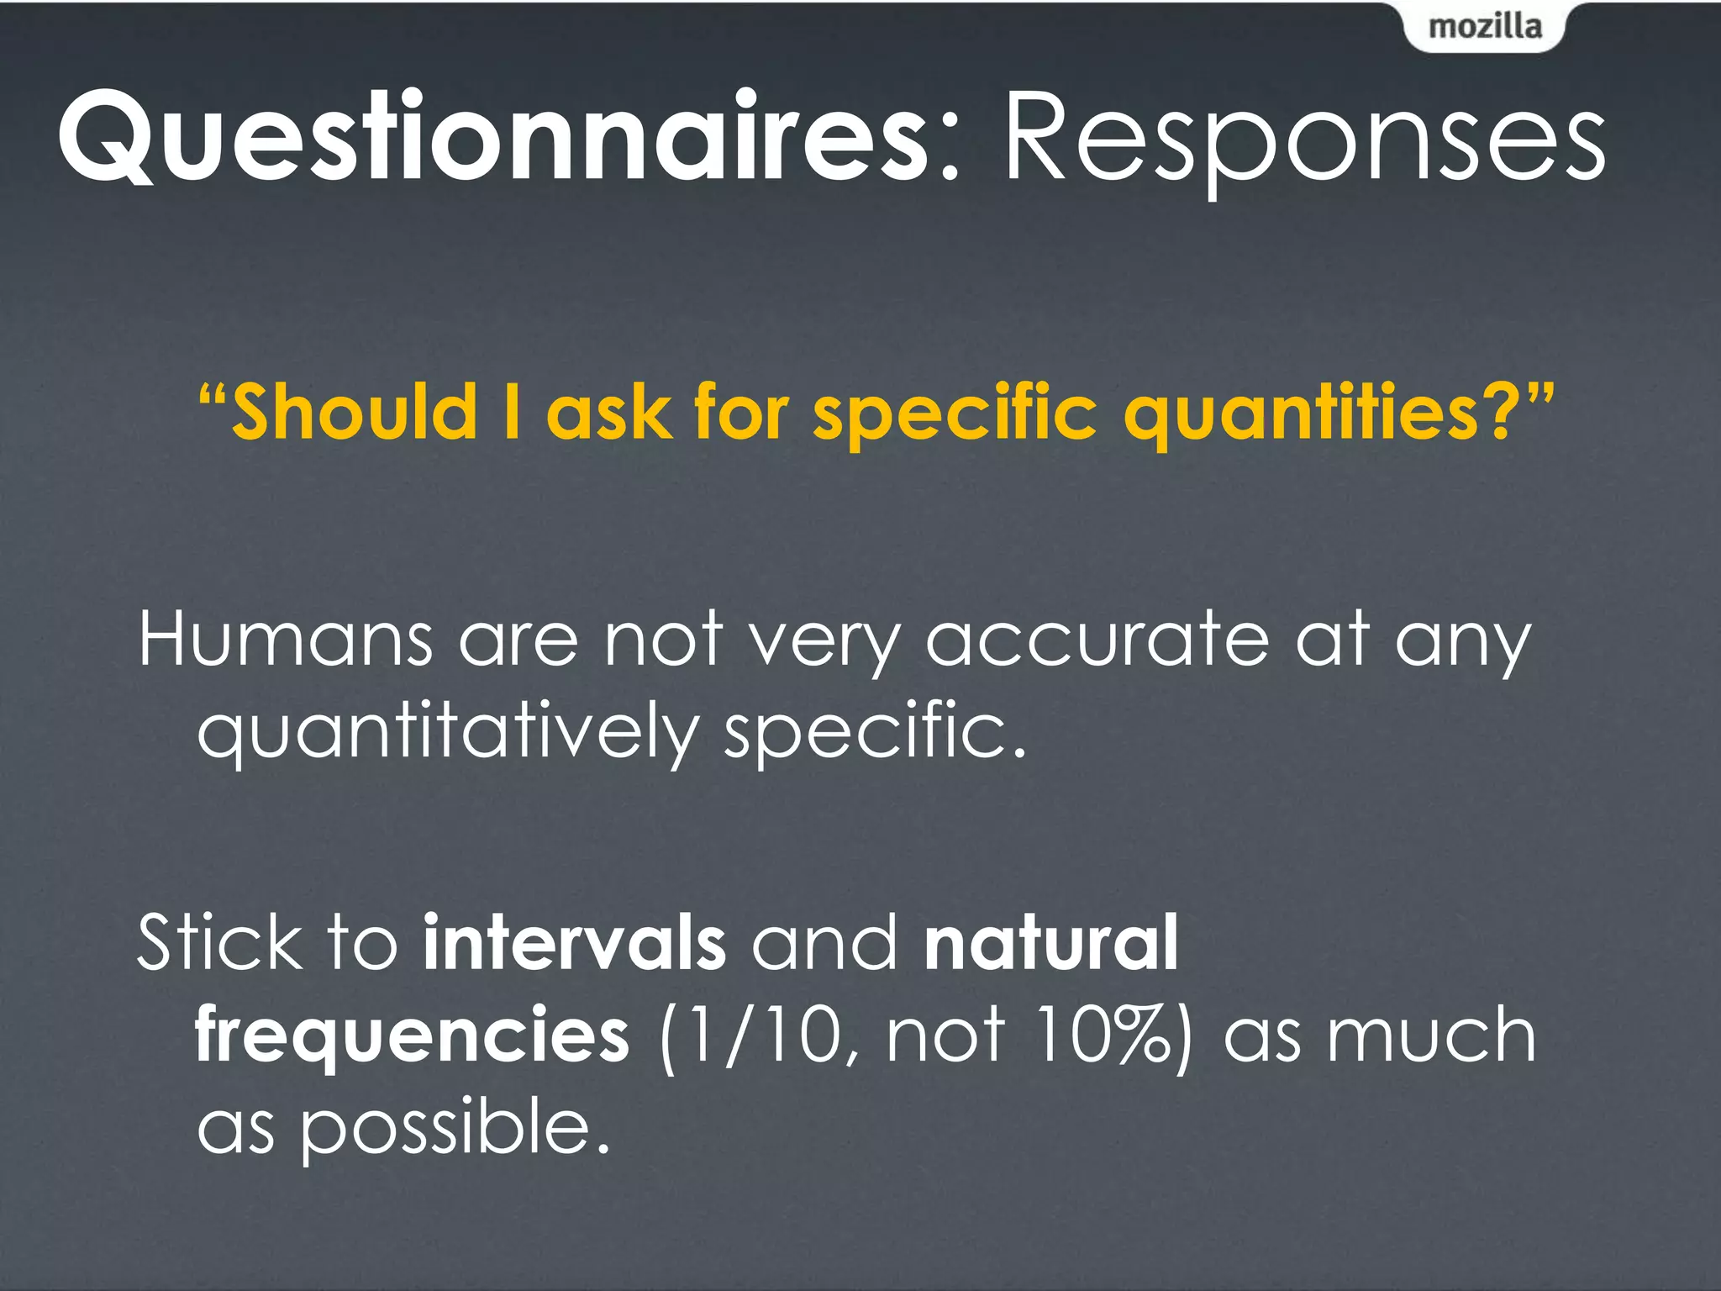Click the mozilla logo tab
(1485, 27)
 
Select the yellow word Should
(353, 412)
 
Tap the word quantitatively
(446, 731)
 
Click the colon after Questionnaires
(949, 151)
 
